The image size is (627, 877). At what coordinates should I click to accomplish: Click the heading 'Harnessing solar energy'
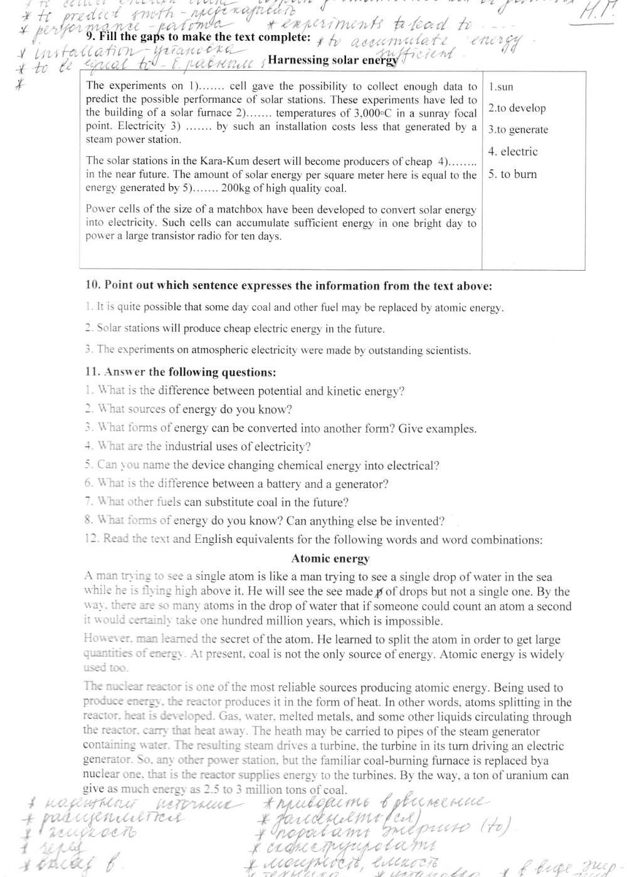click(332, 60)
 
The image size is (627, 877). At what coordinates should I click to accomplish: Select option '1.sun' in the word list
click(501, 87)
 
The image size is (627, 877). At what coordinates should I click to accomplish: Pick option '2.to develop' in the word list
click(517, 108)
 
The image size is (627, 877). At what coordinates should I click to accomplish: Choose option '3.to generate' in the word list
click(519, 130)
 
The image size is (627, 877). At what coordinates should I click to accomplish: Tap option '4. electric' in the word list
click(514, 152)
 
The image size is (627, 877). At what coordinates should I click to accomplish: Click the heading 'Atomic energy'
click(330, 559)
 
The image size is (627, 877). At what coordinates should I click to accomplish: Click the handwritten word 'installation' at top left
click(73, 52)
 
